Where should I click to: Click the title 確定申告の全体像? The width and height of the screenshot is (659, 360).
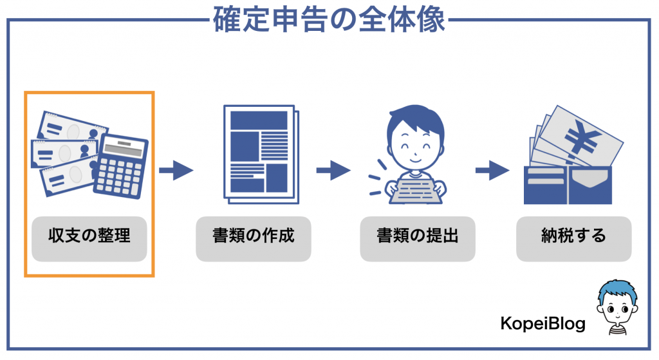[329, 19]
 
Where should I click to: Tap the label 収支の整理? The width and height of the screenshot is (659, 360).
[89, 236]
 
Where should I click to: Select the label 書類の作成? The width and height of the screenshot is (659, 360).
[254, 236]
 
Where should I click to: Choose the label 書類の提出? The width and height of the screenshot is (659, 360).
[417, 236]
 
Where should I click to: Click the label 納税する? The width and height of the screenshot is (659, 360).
[573, 236]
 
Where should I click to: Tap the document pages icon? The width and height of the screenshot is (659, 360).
[261, 155]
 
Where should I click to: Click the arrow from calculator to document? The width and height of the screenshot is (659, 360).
[176, 170]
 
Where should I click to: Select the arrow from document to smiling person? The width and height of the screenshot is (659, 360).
[334, 170]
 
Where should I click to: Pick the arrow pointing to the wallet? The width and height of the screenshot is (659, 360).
[492, 170]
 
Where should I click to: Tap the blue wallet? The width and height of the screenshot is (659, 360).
[568, 185]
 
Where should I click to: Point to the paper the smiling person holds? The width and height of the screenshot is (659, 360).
[416, 191]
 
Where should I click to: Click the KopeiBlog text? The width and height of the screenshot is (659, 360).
[543, 323]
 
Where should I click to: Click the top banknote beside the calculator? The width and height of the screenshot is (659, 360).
[72, 128]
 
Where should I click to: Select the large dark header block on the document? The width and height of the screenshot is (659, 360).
[259, 120]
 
